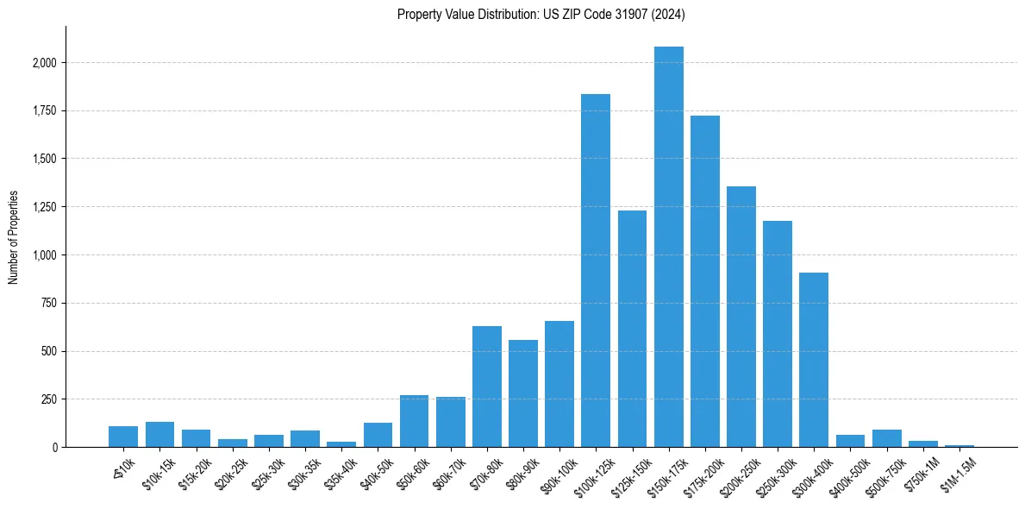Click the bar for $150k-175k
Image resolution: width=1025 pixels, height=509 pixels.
pyautogui.click(x=668, y=247)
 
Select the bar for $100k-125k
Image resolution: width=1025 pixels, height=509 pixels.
pyautogui.click(x=596, y=271)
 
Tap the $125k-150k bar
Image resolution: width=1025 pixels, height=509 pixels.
pyautogui.click(x=632, y=329)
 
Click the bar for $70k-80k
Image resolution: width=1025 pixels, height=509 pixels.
pyautogui.click(x=487, y=386)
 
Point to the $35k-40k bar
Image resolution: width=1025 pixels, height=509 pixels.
pyautogui.click(x=341, y=444)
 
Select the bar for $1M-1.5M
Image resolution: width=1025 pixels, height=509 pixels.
pyautogui.click(x=959, y=446)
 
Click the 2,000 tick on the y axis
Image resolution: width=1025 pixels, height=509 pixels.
pyautogui.click(x=45, y=63)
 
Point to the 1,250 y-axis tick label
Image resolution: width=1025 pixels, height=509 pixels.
pyautogui.click(x=45, y=207)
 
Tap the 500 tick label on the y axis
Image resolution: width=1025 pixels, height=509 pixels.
pyautogui.click(x=50, y=351)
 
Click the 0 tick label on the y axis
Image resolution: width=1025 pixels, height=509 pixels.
pyautogui.click(x=55, y=448)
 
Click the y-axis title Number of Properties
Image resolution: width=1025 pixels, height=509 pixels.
pyautogui.click(x=13, y=236)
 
